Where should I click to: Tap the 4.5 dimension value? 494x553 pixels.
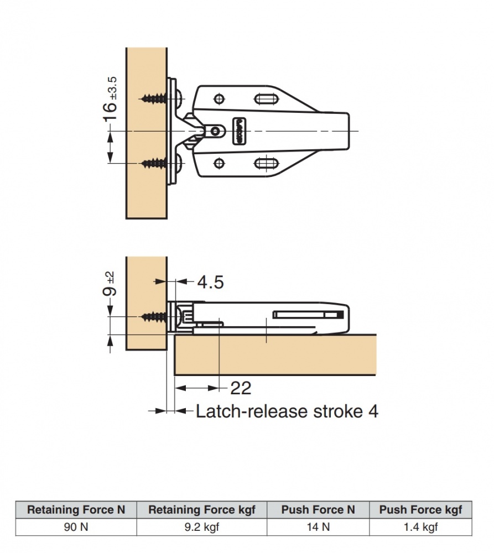pos(210,283)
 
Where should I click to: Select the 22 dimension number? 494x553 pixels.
pos(240,388)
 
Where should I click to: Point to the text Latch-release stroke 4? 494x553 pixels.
pos(287,411)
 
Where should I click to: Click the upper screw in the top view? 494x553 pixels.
pos(155,98)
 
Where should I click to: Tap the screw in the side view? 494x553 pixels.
pos(155,317)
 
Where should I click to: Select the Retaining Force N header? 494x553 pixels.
pos(76,509)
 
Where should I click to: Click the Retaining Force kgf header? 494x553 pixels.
pos(201,509)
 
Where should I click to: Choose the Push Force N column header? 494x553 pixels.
pos(318,509)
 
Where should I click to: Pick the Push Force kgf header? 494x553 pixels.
pos(420,509)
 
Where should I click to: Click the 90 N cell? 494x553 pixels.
pos(76,526)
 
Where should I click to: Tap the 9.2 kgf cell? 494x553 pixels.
pos(201,526)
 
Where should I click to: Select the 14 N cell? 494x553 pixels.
pos(318,526)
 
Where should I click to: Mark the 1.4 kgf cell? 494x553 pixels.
pos(420,526)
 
